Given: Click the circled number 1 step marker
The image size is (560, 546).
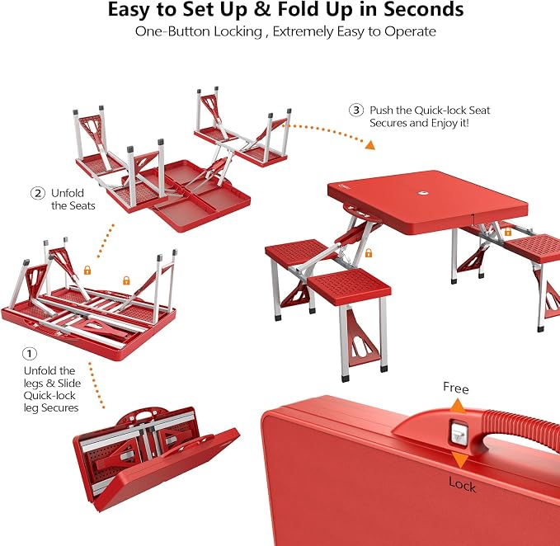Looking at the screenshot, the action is point(30,354).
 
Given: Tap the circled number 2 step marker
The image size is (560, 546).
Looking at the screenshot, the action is point(38,193).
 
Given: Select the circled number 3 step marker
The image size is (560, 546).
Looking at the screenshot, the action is point(356,110).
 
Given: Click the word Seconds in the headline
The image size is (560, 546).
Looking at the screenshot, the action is point(424,9).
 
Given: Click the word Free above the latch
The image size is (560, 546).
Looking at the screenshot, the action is point(456,388).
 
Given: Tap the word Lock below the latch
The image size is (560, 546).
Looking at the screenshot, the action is point(462,485).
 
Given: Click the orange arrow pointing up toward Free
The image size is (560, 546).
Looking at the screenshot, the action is point(458,407).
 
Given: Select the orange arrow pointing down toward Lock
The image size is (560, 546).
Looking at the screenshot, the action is point(460,459).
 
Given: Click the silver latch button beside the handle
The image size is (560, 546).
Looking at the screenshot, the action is point(459,433).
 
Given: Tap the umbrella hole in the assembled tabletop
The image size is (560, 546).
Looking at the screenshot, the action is point(424,193).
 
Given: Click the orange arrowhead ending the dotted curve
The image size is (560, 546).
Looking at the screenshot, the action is point(370,145).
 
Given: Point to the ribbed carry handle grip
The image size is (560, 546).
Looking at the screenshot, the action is point(520,424).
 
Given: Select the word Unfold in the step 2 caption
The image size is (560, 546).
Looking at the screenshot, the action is point(68,193).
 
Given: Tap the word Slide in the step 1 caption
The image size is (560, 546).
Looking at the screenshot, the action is point(69,384).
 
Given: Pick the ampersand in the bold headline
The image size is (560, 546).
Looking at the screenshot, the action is point(261,10).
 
